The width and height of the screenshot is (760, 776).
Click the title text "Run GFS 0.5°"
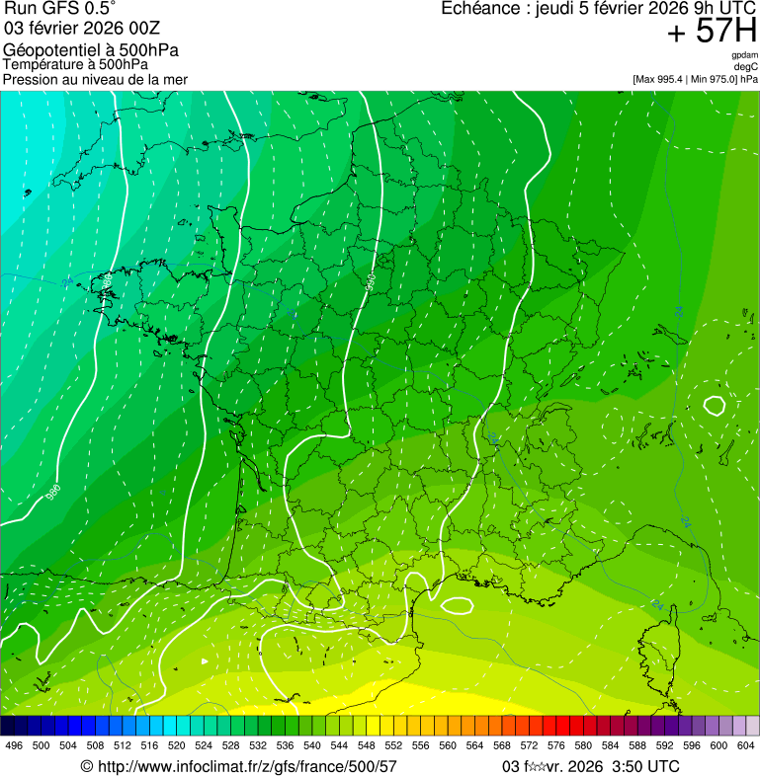(60, 10)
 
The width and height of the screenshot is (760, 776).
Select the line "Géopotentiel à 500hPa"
(91, 49)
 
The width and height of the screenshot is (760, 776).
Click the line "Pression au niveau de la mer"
(95, 79)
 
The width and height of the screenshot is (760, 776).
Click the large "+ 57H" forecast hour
(712, 32)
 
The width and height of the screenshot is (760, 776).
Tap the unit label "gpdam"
(744, 56)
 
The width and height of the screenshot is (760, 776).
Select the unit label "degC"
(746, 67)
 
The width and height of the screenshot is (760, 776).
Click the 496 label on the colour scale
(14, 745)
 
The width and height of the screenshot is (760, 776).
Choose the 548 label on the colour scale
(366, 745)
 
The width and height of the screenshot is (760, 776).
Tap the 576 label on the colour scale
(555, 745)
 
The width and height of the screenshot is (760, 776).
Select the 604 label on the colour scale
(745, 745)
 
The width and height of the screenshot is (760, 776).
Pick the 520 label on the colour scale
(176, 745)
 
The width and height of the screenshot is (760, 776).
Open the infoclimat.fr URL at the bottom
(247, 766)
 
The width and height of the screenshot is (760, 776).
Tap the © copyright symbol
(86, 766)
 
